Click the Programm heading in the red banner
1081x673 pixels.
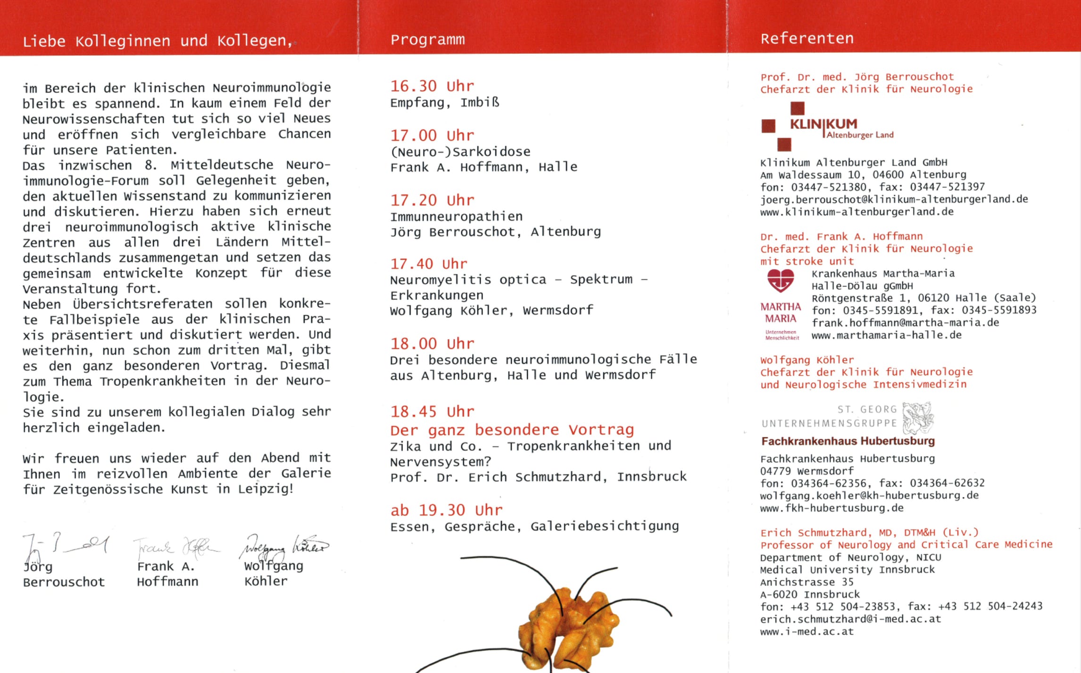click(427, 40)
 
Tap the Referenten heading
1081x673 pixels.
click(807, 38)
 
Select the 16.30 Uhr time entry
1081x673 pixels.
click(432, 86)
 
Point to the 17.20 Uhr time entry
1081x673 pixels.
click(432, 200)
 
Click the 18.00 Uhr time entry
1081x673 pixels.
click(432, 344)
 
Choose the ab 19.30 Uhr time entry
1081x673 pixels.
click(446, 510)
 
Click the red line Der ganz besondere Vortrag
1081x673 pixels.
click(512, 430)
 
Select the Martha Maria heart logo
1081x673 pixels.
click(781, 280)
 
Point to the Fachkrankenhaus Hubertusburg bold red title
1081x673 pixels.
click(848, 441)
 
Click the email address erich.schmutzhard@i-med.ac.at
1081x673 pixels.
click(850, 619)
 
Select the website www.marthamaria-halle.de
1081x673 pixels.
click(886, 336)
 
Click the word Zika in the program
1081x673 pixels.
click(405, 446)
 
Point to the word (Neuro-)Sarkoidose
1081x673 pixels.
click(460, 152)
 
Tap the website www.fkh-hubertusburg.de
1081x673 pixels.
click(832, 508)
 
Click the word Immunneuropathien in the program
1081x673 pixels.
click(456, 217)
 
